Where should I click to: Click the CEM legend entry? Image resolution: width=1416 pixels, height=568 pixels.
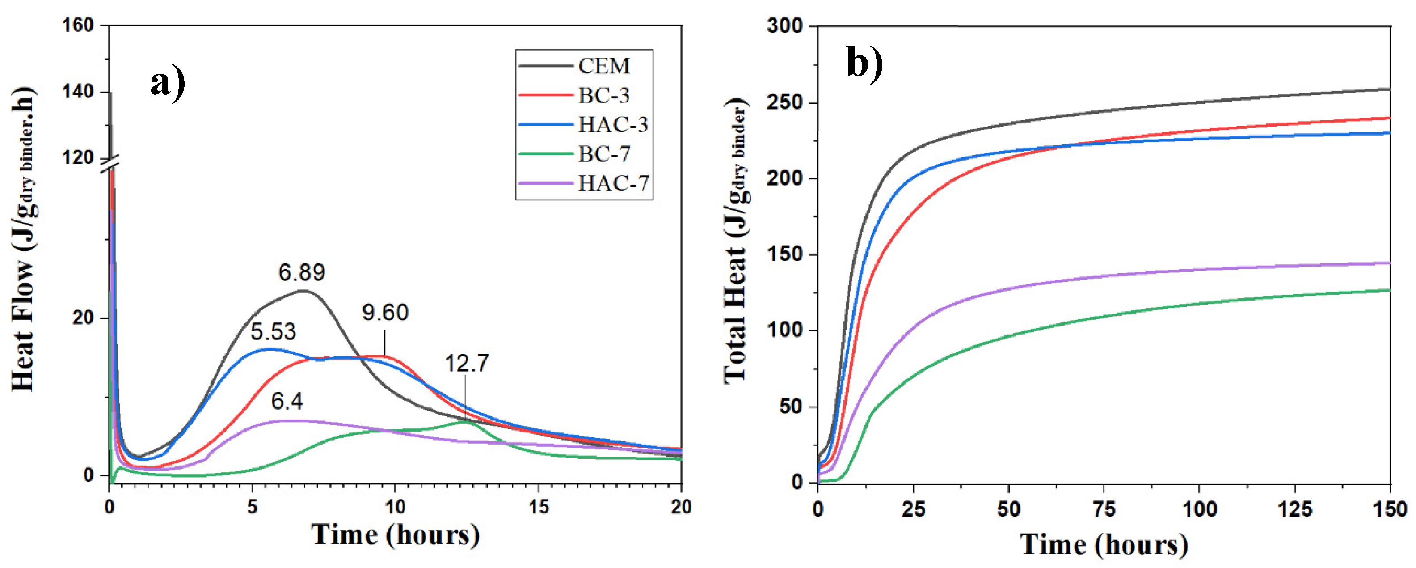(603, 66)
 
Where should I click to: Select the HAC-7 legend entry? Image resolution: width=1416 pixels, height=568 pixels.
(612, 183)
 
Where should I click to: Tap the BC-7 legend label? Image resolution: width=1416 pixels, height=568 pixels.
(603, 154)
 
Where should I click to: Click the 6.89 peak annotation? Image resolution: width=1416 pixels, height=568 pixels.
(301, 272)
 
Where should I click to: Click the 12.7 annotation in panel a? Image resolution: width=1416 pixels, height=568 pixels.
(466, 364)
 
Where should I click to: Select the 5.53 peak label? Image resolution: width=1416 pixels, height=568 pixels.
(273, 331)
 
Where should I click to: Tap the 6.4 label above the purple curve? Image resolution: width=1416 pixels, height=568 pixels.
(287, 401)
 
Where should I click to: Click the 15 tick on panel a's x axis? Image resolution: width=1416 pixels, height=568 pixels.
(538, 507)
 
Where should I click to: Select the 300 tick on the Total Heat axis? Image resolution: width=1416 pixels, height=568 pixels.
(784, 26)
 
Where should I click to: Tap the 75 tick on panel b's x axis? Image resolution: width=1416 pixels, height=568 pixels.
(1103, 509)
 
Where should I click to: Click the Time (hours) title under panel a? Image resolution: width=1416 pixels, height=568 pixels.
(395, 535)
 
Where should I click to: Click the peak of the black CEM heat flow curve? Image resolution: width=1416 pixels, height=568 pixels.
(303, 290)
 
